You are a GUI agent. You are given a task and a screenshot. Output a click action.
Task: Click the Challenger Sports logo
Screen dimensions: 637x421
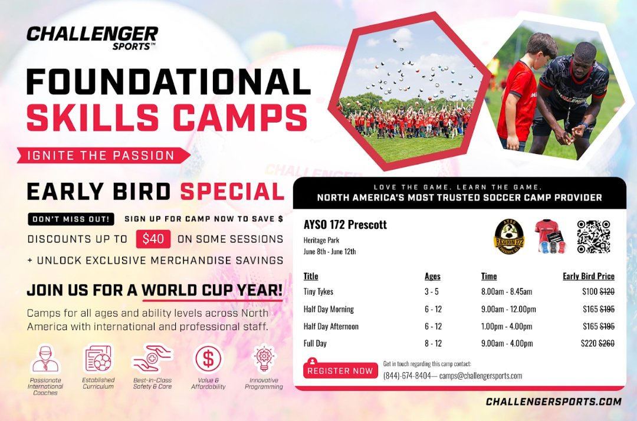click(x=92, y=38)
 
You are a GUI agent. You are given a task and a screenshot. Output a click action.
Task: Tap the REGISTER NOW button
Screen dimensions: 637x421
click(x=340, y=370)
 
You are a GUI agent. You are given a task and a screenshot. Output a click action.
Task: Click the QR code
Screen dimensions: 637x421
click(x=593, y=236)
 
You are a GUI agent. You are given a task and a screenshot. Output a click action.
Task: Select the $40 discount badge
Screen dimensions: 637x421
click(x=153, y=239)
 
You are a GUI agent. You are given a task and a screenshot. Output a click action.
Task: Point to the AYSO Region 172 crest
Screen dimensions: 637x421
click(x=510, y=237)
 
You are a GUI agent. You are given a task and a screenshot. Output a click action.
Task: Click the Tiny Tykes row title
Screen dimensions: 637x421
click(x=318, y=291)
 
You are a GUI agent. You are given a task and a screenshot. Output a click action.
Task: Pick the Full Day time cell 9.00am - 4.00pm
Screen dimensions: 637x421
click(x=507, y=343)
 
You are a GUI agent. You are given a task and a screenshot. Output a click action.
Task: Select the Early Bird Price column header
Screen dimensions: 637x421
click(x=588, y=276)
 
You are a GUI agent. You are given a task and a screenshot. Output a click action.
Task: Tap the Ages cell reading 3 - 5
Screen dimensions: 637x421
click(x=431, y=291)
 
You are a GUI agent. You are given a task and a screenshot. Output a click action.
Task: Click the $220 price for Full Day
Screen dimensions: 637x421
click(x=589, y=343)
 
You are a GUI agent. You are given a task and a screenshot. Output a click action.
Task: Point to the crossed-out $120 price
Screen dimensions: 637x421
click(x=607, y=291)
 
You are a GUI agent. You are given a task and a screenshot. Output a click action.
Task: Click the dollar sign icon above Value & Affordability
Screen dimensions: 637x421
click(x=208, y=359)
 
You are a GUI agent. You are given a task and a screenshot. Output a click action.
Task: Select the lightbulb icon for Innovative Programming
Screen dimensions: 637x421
click(x=264, y=359)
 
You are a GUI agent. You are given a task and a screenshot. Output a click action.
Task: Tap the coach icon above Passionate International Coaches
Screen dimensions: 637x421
click(x=45, y=359)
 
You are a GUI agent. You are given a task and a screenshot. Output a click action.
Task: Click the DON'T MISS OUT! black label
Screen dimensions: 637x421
click(x=71, y=219)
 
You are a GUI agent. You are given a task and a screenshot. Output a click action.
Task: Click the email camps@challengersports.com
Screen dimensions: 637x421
click(x=481, y=376)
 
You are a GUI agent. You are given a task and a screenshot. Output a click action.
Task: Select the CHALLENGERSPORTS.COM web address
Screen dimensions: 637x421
click(x=553, y=402)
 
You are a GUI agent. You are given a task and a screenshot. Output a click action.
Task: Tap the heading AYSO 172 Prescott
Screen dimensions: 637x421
click(x=345, y=225)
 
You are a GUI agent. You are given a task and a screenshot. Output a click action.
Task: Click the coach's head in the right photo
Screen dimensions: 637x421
click(x=585, y=57)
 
